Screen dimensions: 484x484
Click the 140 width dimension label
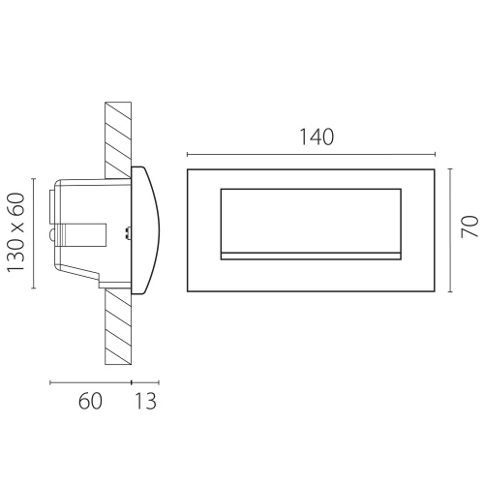[x=317, y=136]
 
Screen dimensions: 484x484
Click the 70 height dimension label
[x=469, y=227]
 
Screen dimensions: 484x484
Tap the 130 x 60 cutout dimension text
[x=16, y=232]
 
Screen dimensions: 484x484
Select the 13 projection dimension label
[x=145, y=401]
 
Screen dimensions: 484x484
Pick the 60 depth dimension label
[x=90, y=401]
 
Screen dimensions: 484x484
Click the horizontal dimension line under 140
[x=312, y=155]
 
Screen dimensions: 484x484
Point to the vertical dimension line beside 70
[x=450, y=230]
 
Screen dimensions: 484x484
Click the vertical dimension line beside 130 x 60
[x=33, y=233]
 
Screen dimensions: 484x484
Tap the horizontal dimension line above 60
[x=91, y=382]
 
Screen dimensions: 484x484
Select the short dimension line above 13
[x=145, y=382]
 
